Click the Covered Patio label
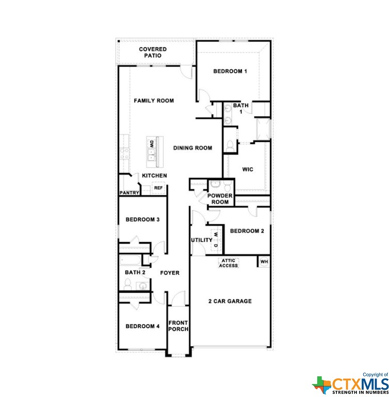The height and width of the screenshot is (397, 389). (153, 52)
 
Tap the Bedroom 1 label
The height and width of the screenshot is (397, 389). (230, 71)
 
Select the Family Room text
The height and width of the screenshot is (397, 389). (154, 101)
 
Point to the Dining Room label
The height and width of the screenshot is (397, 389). (192, 148)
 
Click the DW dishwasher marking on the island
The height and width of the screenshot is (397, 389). (151, 144)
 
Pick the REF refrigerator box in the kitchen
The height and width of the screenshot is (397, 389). (158, 188)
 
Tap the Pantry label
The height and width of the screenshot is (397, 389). (129, 193)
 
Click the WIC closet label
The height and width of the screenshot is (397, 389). (248, 170)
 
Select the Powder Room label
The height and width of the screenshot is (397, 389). (220, 198)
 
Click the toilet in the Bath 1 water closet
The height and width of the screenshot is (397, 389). (230, 146)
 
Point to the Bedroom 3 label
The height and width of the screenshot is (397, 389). (142, 220)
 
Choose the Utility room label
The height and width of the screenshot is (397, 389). (201, 240)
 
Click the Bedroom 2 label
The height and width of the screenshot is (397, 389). (247, 231)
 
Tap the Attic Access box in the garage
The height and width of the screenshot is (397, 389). (228, 263)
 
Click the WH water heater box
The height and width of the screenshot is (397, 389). (264, 262)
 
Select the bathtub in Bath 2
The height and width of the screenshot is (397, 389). (130, 261)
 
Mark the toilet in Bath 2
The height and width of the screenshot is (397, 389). (128, 285)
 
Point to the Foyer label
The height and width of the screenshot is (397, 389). (170, 273)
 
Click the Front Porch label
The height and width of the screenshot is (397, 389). (178, 326)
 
